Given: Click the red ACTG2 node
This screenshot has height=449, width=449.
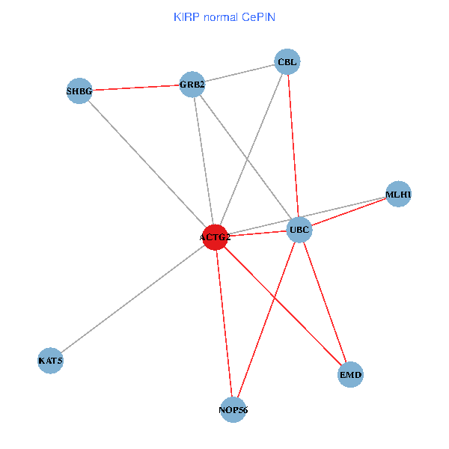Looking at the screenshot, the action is pos(215,237).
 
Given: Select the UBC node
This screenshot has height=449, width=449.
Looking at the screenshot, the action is pos(299,230).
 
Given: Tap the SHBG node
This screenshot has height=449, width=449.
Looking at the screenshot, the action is pos(79,91).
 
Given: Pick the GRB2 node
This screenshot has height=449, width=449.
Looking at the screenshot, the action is pos(192,84).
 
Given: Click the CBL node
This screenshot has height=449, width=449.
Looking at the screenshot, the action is pos(287,62).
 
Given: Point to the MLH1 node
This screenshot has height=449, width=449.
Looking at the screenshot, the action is pos(398,195).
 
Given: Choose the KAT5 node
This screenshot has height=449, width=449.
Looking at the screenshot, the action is pos(50,361).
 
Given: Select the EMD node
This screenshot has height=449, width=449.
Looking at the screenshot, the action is pos(350,374).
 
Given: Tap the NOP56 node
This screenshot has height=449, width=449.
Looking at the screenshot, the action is pos(233,409).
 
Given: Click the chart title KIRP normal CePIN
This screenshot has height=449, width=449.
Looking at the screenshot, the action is pos(224,16).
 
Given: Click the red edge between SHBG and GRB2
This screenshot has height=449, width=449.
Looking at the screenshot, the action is pos(135,88).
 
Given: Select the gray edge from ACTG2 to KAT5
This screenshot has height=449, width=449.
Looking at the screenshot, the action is pos(132,299).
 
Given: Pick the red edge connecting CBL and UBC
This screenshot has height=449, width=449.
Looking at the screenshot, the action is pos(293,146).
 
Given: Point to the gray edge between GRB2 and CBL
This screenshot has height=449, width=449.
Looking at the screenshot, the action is pos(239,73).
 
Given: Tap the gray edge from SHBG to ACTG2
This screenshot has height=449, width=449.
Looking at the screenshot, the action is pos(147,165).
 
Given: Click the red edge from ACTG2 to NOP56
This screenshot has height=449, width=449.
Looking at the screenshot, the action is pos(224,323).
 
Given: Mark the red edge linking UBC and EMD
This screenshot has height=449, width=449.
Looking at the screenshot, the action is pos(325,302).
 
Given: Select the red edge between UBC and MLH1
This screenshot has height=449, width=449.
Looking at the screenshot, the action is pos(349,212).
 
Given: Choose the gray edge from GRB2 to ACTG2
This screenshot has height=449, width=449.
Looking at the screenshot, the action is pos(204,161).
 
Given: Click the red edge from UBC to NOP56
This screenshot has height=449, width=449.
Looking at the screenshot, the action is pos(266,320).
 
